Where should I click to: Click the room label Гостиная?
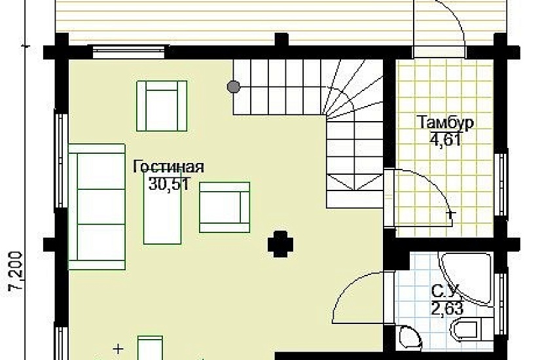[x=168, y=167]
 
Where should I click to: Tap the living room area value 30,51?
[x=169, y=184]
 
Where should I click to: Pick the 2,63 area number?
[x=444, y=307]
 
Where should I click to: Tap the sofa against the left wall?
[x=97, y=207]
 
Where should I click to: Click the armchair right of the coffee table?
[x=225, y=207]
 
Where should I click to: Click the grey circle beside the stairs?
[x=233, y=86]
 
